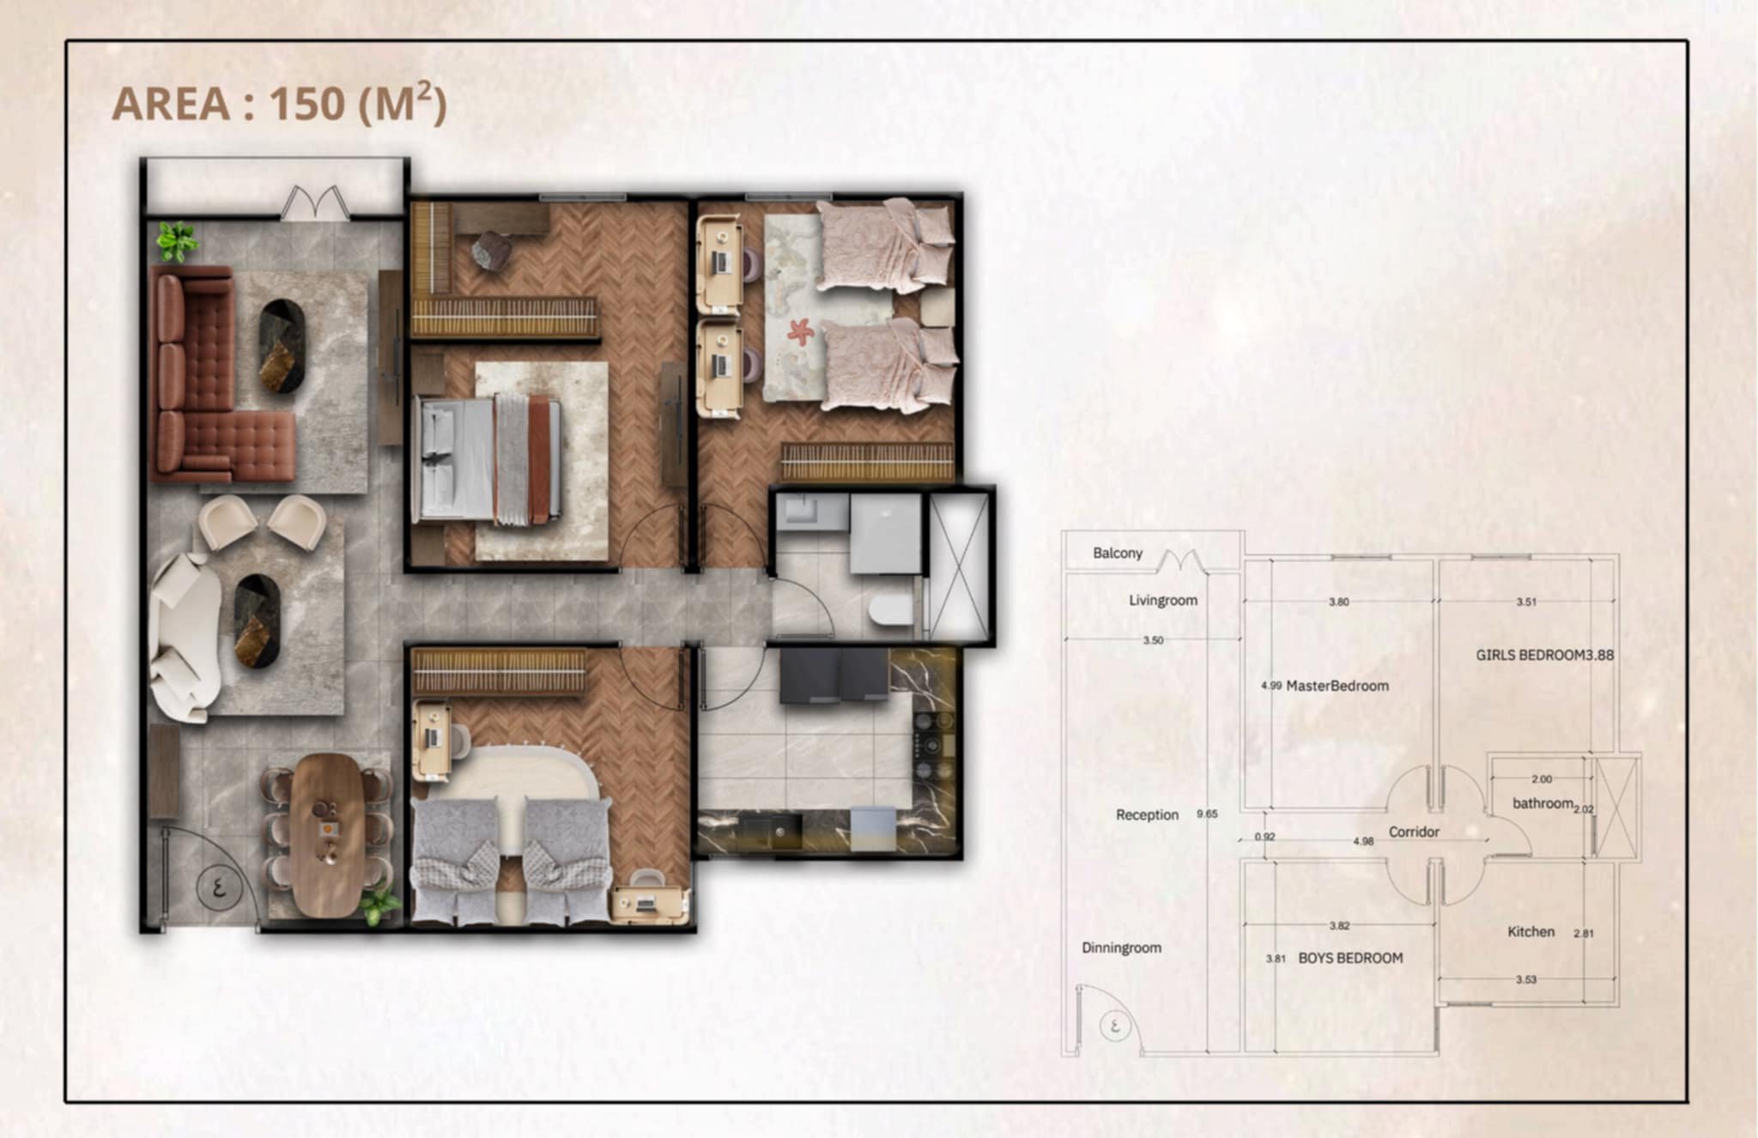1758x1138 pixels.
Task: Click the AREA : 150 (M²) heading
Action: tap(280, 104)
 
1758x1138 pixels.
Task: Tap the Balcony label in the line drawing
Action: tap(1118, 554)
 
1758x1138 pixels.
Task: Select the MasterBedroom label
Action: tap(1337, 686)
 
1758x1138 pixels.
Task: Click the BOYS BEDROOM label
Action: tap(1350, 958)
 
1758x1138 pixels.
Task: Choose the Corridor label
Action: tap(1414, 832)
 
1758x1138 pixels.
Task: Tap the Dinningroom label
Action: tap(1121, 947)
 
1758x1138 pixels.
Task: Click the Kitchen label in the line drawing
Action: tap(1531, 931)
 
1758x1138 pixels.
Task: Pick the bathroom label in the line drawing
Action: tap(1543, 803)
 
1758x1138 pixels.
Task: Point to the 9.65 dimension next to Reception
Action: tap(1207, 814)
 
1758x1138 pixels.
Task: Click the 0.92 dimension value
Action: tap(1264, 837)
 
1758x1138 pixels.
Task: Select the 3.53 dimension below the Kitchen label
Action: tap(1525, 979)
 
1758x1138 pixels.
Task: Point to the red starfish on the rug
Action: tap(800, 331)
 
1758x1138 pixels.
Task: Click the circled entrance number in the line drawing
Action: tap(1114, 1025)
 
